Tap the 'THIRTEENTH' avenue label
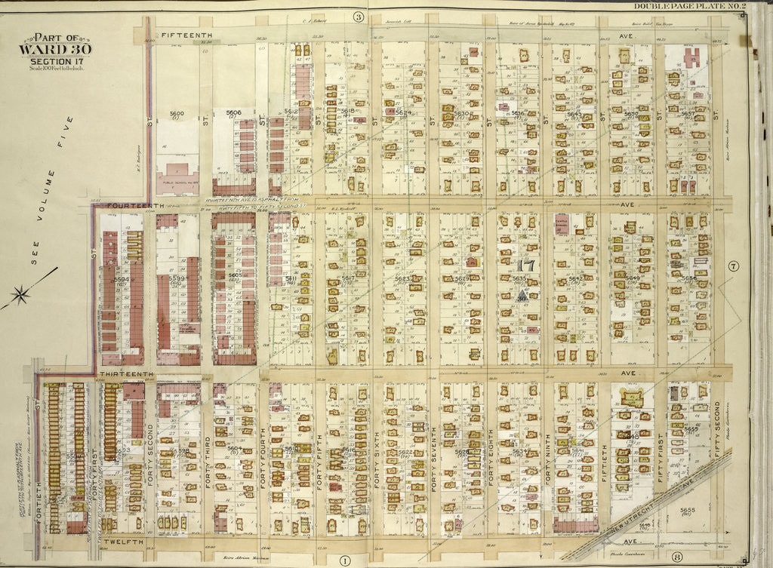pos(125,373)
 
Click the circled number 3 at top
pos(358,16)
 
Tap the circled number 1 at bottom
pos(344,558)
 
